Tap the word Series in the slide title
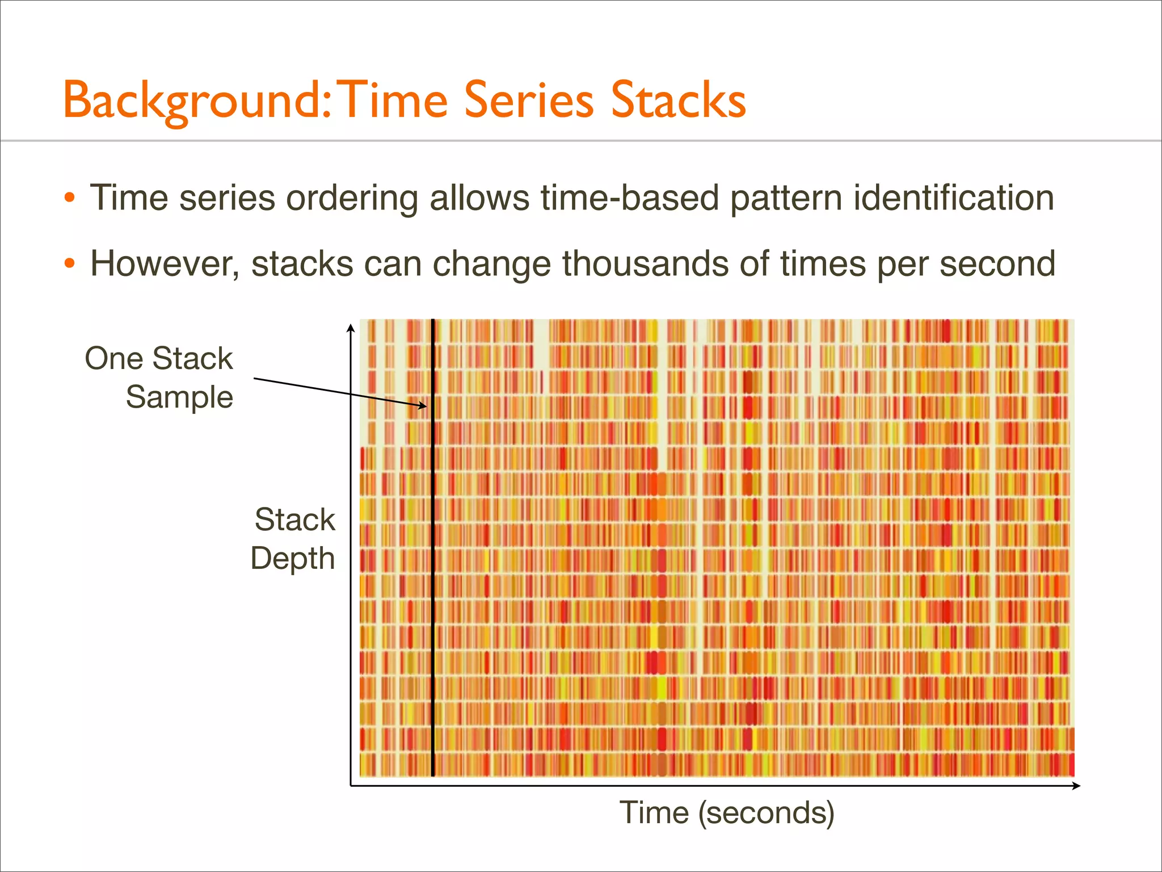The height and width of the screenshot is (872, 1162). pos(529,100)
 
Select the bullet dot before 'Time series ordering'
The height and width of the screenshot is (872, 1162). pos(69,198)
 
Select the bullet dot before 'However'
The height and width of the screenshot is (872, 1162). pos(69,264)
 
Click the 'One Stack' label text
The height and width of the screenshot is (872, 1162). pos(159,359)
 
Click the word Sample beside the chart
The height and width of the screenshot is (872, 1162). pos(179,397)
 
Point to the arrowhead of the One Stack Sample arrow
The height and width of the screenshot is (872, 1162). pos(423,406)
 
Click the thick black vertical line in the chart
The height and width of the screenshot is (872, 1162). pos(433,568)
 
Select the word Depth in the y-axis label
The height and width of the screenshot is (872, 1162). pos(293,559)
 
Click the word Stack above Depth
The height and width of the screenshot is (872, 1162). pos(295,519)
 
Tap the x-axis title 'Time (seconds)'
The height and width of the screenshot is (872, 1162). pos(727,812)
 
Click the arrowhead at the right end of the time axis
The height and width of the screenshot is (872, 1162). pos(1076,786)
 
